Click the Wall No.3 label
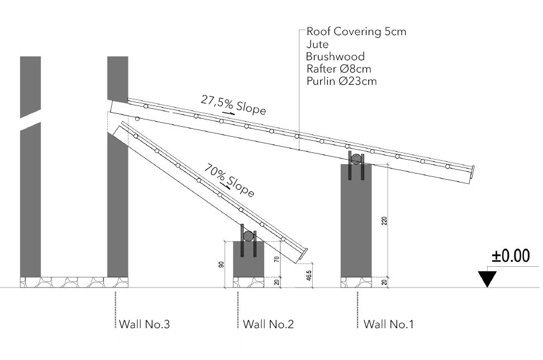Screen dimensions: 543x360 tap(144, 324)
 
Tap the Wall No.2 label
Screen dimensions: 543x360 tap(268, 324)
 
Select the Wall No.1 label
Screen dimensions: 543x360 tap(389, 324)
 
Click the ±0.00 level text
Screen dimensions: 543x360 tap(511, 256)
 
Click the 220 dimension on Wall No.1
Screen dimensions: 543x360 tap(384, 221)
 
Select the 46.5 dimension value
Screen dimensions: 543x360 tap(309, 275)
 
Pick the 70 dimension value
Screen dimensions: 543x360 tap(277, 259)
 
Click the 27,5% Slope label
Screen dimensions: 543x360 tap(234, 105)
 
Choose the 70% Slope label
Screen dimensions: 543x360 tap(229, 180)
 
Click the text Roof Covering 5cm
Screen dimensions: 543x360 tap(356, 31)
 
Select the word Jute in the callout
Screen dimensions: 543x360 tap(317, 44)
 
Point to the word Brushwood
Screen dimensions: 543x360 tap(335, 56)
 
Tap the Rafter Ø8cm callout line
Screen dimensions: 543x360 tap(339, 69)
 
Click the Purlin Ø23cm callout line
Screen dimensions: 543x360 tap(341, 81)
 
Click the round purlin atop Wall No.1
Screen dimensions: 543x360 tap(356, 159)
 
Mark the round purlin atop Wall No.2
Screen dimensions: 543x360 tap(248, 236)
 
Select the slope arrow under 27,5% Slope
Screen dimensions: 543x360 tap(228, 113)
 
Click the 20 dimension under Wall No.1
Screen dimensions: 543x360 tap(384, 282)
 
